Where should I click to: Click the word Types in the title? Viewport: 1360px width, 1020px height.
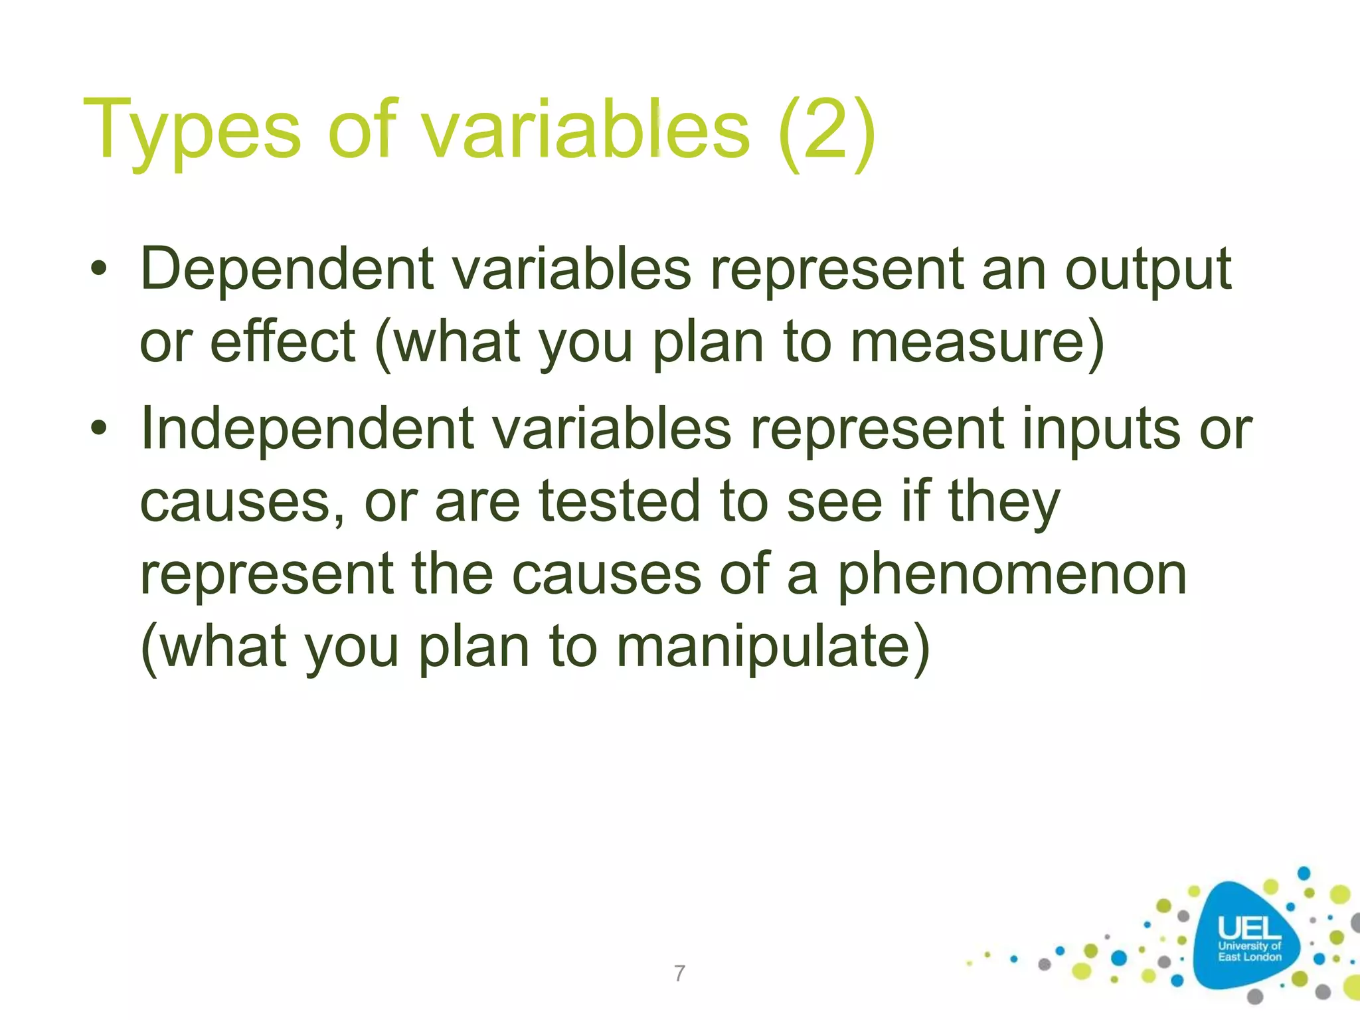pos(192,131)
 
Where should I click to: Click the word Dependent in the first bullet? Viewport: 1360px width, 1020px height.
pos(287,270)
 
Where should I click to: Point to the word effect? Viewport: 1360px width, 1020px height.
pos(283,342)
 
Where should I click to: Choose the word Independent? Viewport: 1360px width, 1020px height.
pos(307,429)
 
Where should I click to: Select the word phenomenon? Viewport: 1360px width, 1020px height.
pos(1011,575)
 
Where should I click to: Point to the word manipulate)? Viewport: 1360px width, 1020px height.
pos(773,647)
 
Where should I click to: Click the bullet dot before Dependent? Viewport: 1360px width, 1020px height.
pos(99,270)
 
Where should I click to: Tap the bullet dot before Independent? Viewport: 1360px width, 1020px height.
pos(99,429)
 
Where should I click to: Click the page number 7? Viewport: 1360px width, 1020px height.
pos(679,974)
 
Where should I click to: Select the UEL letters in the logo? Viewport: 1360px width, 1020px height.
pos(1249,928)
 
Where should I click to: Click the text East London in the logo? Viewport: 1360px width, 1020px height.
pos(1249,957)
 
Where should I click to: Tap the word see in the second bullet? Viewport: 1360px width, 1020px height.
pos(834,503)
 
